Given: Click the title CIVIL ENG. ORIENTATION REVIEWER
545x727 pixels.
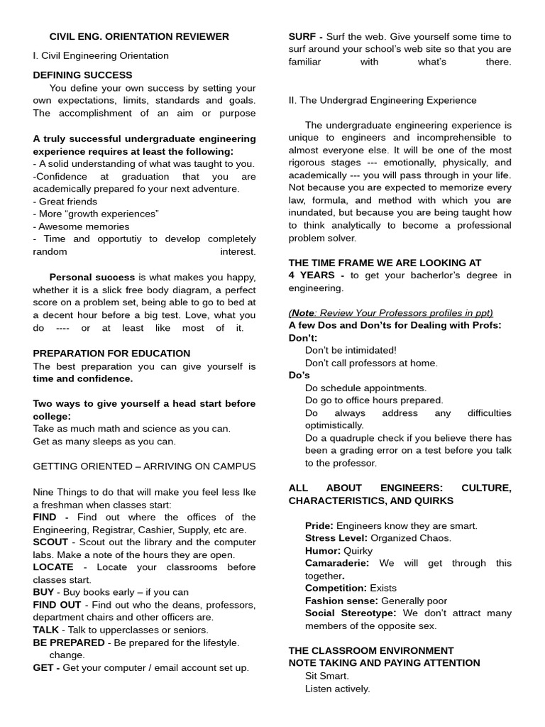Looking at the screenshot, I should pos(139,36).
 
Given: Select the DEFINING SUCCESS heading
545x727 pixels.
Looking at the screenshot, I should pos(82,75).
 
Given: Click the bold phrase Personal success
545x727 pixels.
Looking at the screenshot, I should pos(92,277).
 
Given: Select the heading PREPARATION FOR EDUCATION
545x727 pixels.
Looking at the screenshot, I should pos(111,353).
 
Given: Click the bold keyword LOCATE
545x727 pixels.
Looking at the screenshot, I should pos(53,567).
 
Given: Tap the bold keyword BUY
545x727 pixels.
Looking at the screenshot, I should pos(43,592).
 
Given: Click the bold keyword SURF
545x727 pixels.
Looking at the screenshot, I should pos(302,36).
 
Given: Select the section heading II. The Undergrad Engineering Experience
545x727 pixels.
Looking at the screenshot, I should pos(382,100).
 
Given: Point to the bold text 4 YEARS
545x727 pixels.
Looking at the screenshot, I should pos(313,275).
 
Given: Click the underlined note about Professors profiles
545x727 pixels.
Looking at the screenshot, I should pos(390,312).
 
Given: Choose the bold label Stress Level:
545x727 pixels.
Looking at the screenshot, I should pos(336,537).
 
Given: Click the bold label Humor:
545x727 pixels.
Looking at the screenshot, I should pos(323,550).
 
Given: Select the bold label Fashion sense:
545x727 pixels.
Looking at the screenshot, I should pos(341,601).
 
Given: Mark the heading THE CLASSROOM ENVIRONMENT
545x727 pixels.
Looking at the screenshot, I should pos(370,650).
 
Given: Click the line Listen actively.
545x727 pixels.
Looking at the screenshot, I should pos(337,688).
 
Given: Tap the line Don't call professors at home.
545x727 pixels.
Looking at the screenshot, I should pos(371,363).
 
